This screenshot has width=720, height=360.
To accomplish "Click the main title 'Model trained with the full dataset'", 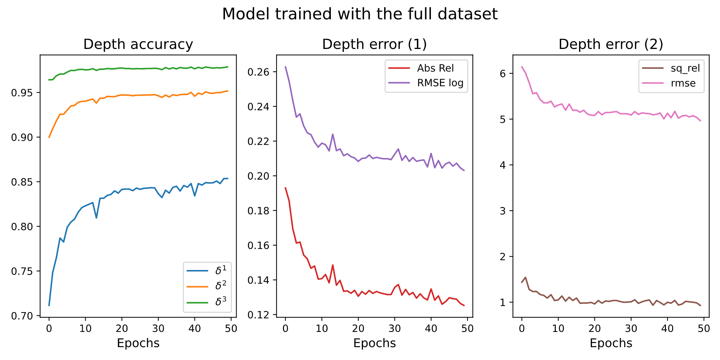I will click(x=360, y=14).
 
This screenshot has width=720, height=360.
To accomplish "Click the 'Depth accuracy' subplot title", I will click(x=138, y=44).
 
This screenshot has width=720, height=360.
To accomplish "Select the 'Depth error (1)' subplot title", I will click(x=374, y=44).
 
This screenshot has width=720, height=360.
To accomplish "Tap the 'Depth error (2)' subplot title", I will click(x=611, y=44).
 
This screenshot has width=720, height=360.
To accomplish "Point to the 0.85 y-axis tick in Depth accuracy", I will click(x=22, y=182).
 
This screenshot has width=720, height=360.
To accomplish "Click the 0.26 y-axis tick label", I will click(x=258, y=72).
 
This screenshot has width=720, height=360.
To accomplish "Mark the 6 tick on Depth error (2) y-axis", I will click(x=503, y=73).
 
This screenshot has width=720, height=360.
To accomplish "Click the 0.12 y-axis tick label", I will click(x=258, y=315).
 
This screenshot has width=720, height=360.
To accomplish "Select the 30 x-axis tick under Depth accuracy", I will click(x=158, y=328).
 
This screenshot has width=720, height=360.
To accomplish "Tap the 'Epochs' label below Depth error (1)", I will click(x=374, y=343).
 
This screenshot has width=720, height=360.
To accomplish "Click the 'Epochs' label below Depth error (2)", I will click(x=611, y=343).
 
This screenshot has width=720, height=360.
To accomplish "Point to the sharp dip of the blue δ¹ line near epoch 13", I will click(x=96, y=218).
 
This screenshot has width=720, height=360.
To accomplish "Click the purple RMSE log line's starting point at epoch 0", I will click(x=285, y=67).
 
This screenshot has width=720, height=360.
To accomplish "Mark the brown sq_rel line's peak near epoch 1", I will click(x=525, y=277).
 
